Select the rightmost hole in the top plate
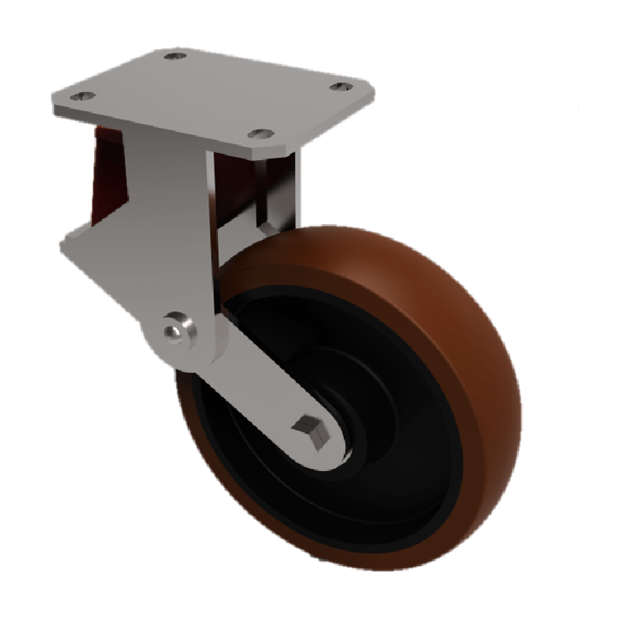coord(337,85)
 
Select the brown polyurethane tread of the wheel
coord(461,328)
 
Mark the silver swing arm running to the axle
coord(266,398)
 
